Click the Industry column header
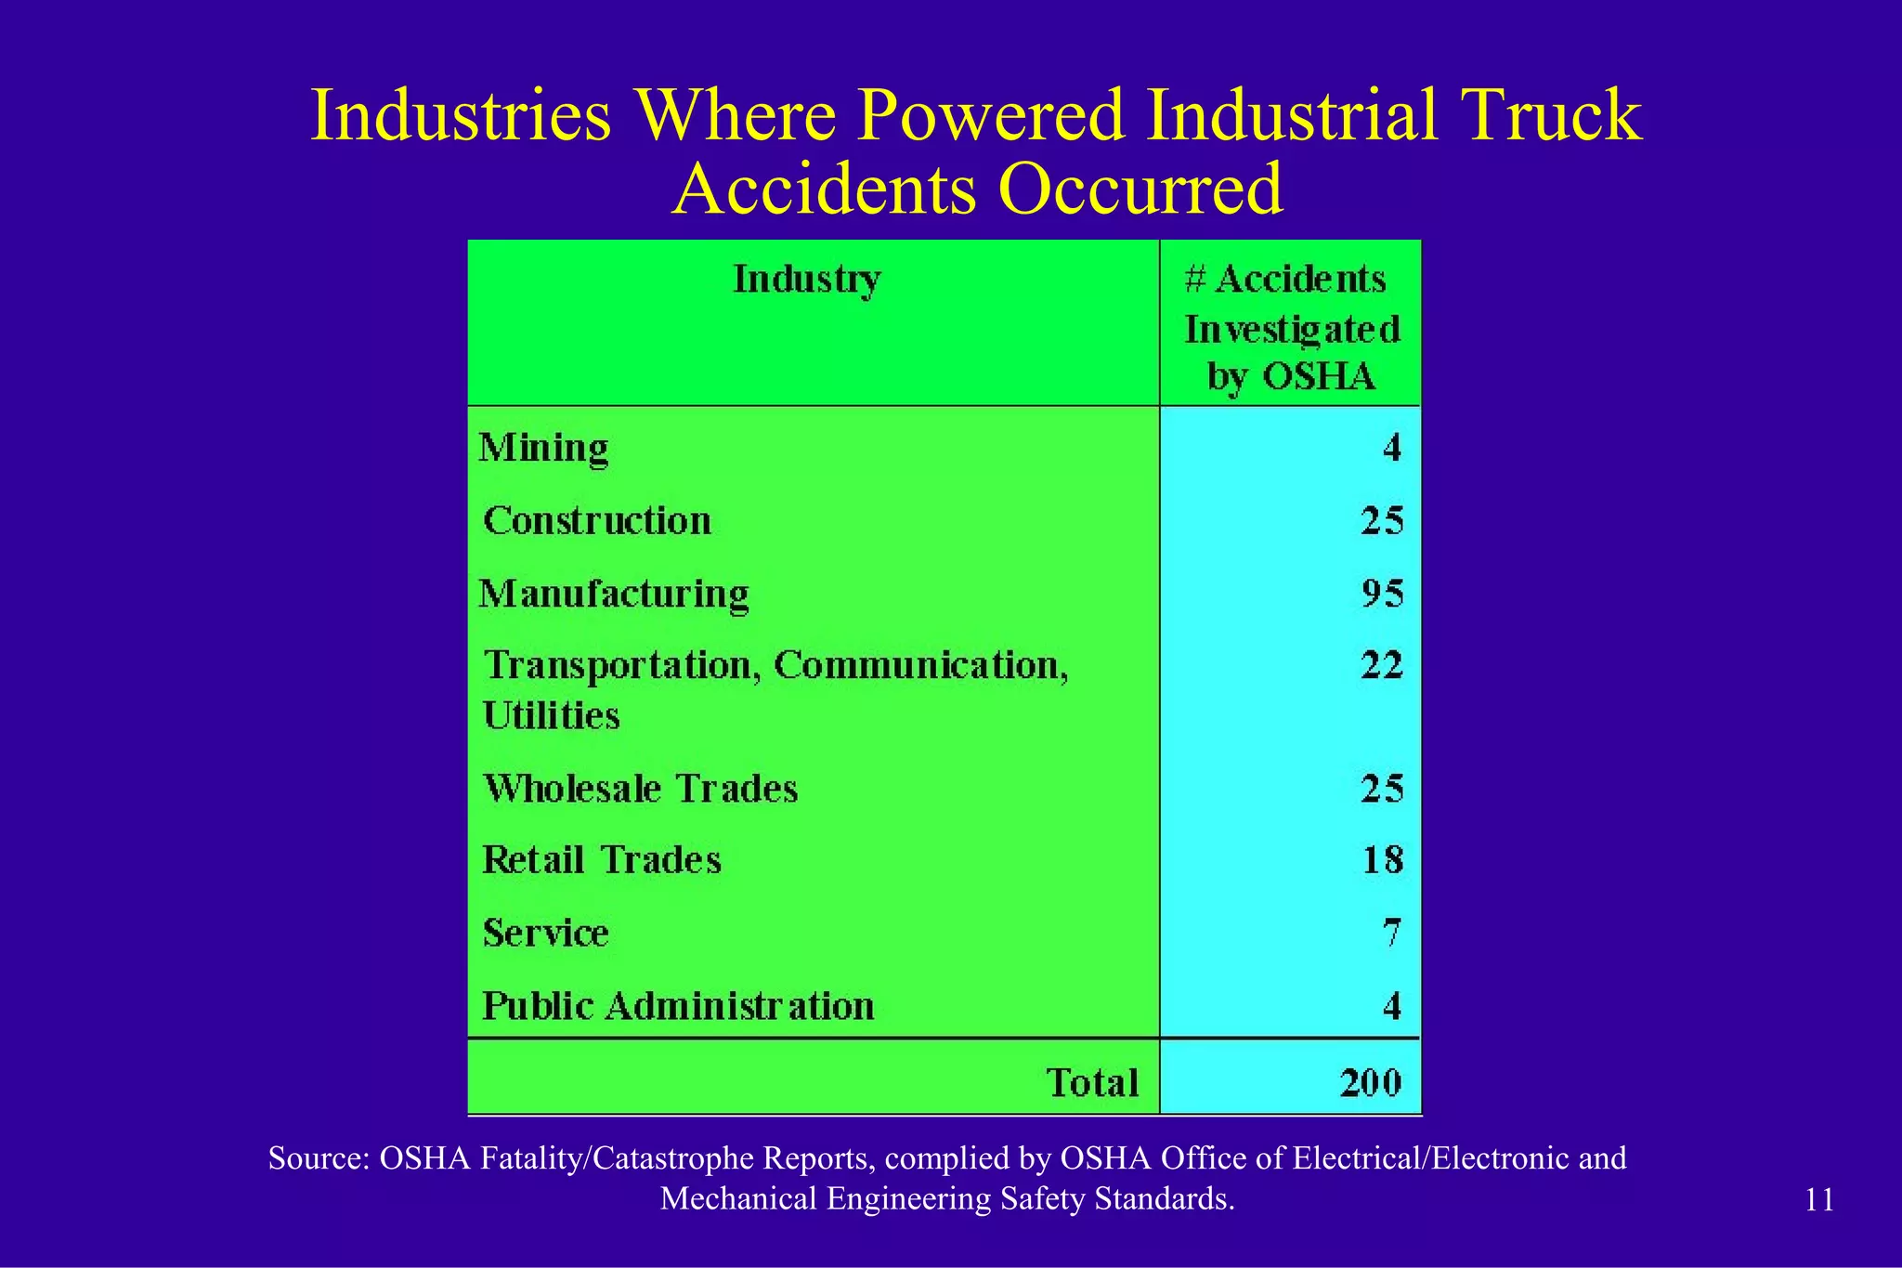click(806, 280)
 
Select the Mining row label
click(543, 449)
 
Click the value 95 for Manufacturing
click(1382, 594)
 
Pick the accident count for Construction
click(1382, 521)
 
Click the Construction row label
click(597, 521)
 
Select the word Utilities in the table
click(551, 716)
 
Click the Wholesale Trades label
click(641, 789)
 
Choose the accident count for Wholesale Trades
click(1382, 789)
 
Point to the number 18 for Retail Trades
click(1382, 860)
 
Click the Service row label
click(546, 933)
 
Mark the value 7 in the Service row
click(1390, 933)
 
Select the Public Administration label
click(678, 1006)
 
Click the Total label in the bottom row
click(1092, 1083)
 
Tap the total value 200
click(1370, 1083)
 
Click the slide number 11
click(1819, 1200)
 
